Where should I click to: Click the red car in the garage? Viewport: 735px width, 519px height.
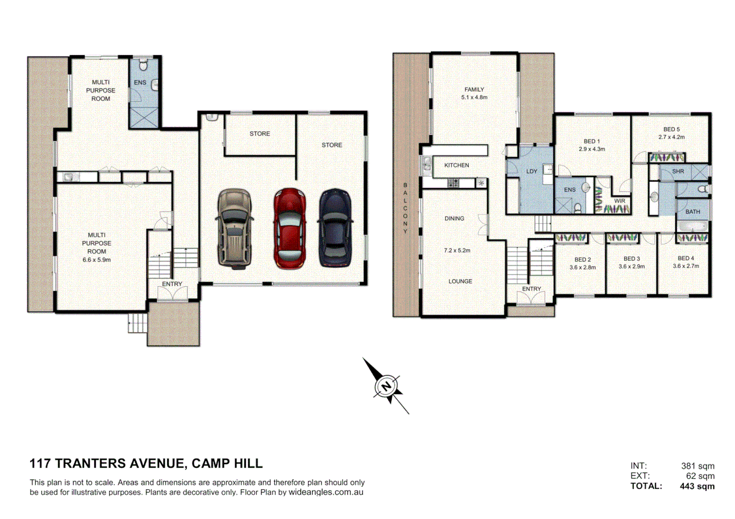290,229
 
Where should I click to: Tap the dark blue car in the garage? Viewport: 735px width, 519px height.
335,228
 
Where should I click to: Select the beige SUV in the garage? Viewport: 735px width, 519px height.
234,228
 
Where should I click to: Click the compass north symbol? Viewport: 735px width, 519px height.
386,386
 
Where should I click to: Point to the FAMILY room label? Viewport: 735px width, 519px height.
474,89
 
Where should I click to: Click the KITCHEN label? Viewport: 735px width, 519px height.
456,165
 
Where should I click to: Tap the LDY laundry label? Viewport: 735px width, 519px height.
532,171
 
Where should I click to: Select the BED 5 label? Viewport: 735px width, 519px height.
671,129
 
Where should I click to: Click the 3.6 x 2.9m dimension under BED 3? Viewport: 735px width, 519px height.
632,266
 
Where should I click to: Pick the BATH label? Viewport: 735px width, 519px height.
693,211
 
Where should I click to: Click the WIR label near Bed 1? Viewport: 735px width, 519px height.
620,201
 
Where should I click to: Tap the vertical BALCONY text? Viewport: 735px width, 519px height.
405,208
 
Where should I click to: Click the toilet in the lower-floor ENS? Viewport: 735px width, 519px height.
143,65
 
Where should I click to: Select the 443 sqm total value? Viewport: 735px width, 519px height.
697,486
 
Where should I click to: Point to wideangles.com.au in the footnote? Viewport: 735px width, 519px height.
326,493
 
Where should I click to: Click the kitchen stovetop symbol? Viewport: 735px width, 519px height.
453,183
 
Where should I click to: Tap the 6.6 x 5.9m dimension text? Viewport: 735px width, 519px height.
96,260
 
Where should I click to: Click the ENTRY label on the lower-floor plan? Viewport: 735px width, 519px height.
172,284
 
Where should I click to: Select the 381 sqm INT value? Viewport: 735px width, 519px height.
697,466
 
